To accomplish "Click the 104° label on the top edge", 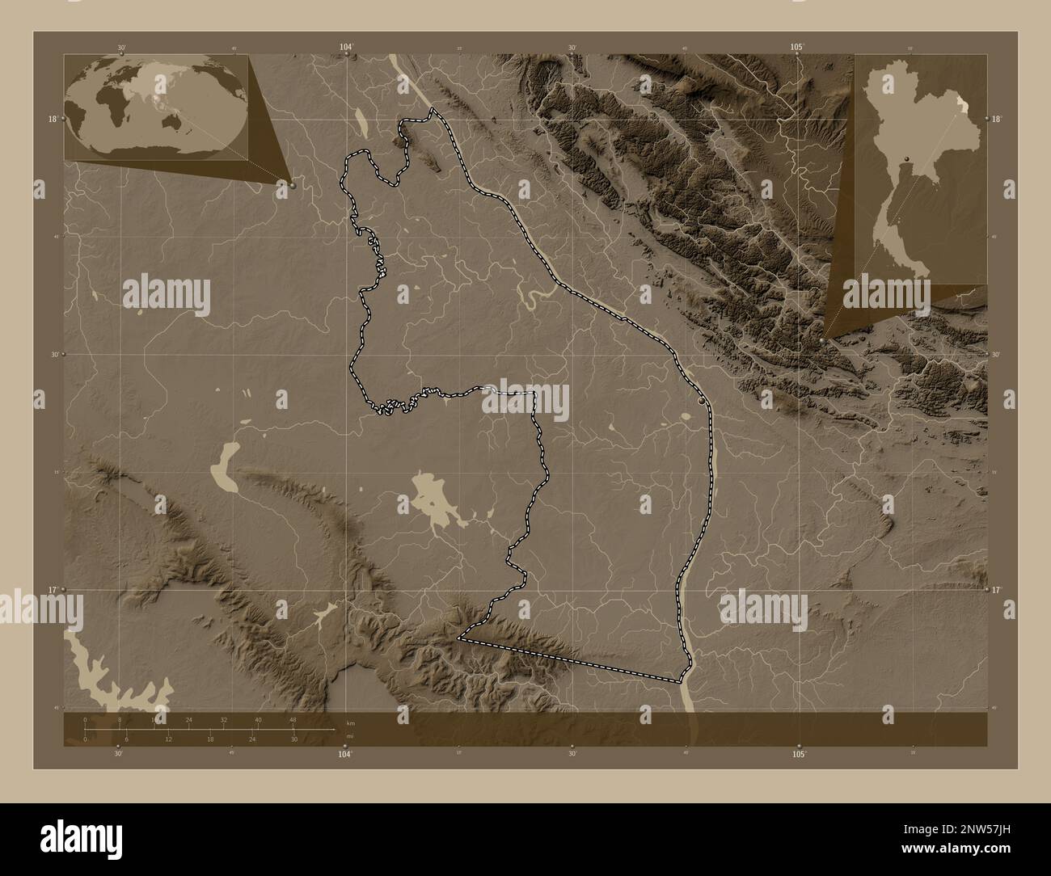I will coord(346,47).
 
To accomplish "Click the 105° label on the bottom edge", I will coord(799,754).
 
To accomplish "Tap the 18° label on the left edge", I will coord(52,119).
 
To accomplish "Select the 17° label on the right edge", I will coord(997,590).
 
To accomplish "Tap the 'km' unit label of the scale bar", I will coord(350,723).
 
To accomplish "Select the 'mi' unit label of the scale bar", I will coord(349,735).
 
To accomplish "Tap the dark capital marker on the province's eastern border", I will coord(702,399).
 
